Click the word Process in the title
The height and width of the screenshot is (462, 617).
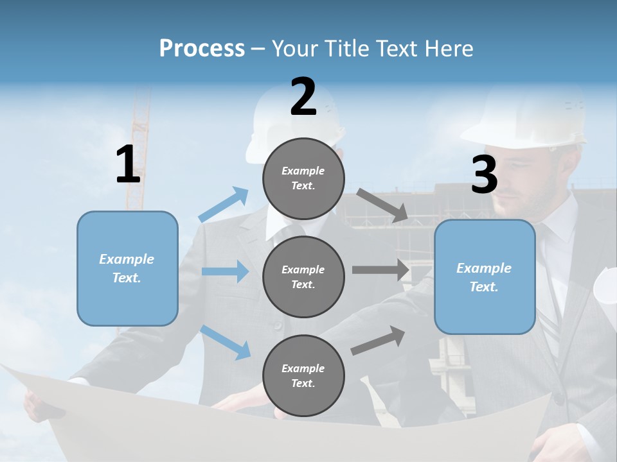202,48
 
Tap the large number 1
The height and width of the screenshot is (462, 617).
128,165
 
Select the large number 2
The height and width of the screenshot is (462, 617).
303,97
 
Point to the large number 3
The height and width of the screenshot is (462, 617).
484,175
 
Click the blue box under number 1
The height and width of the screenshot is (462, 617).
127,268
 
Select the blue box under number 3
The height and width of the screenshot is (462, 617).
485,277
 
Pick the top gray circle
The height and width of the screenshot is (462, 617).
303,178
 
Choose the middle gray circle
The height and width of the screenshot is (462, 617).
303,277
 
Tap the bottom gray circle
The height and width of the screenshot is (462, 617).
303,375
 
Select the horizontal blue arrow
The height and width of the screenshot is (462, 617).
225,271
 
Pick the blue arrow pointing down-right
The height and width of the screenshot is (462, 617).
226,342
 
